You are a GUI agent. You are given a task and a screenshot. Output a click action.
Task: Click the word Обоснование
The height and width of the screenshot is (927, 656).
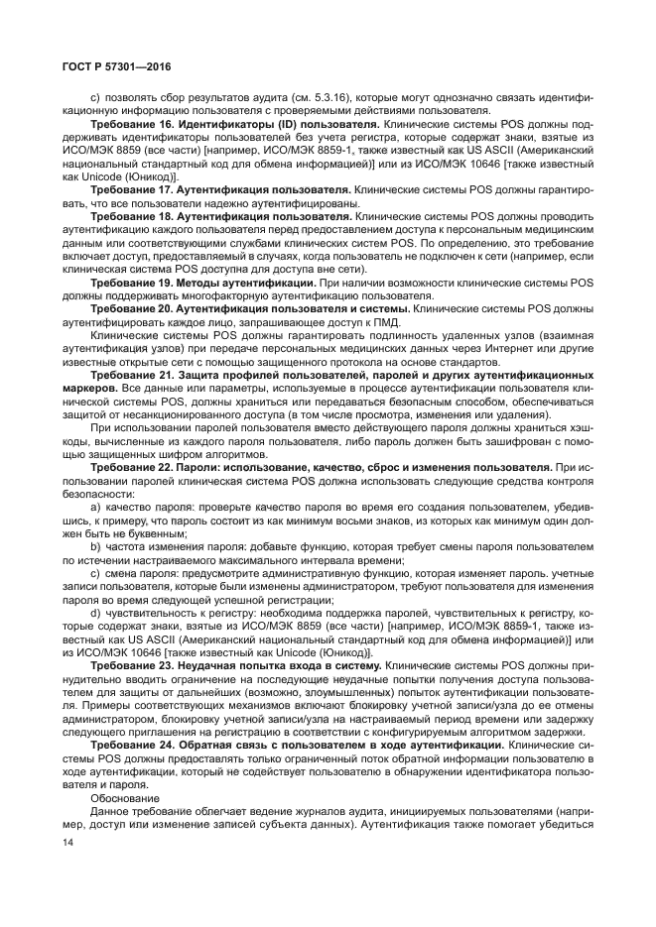122,796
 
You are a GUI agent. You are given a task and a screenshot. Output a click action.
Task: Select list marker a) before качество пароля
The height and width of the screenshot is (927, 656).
95,505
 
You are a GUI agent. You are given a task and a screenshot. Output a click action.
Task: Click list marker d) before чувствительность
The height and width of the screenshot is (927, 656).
95,613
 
